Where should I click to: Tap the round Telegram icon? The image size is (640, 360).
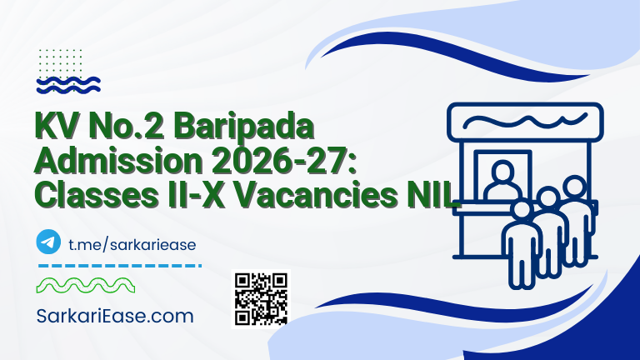pyautogui.click(x=49, y=242)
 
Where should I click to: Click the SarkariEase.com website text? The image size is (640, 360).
pyautogui.click(x=115, y=316)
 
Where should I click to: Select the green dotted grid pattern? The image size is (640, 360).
pyautogui.click(x=59, y=57)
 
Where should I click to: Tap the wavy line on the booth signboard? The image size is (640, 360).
pyautogui.click(x=526, y=122)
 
